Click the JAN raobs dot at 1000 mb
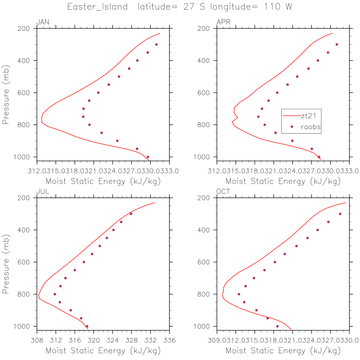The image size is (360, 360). (148, 157)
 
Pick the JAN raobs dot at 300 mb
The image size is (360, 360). (156, 45)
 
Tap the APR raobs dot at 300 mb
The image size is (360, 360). (337, 45)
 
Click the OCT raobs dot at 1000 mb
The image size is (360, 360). (277, 326)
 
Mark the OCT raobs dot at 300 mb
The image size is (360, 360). (340, 214)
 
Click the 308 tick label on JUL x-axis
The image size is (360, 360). (37, 340)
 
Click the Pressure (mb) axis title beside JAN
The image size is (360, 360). (7, 93)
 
